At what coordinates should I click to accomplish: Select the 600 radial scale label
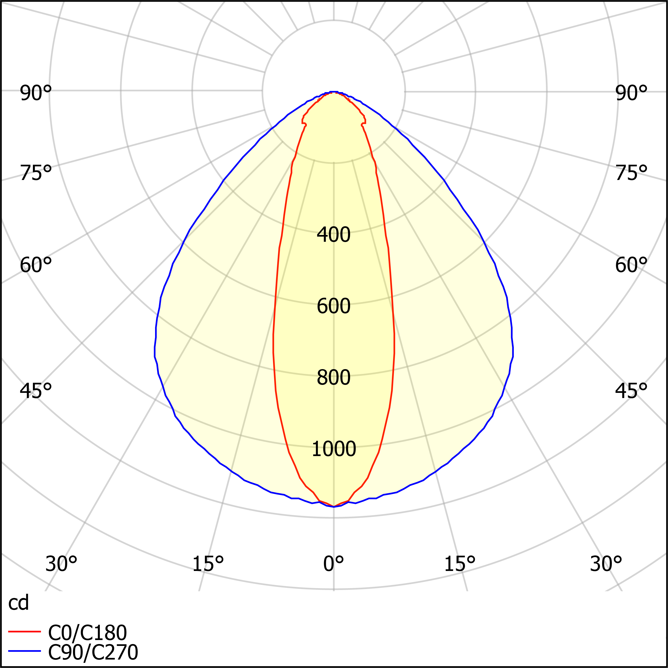click(334, 306)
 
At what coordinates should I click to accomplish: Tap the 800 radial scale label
click(334, 378)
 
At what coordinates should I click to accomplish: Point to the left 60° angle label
click(36, 266)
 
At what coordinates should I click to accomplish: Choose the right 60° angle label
click(631, 266)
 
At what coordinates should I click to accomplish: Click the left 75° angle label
click(36, 173)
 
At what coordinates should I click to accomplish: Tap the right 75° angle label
click(631, 173)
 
